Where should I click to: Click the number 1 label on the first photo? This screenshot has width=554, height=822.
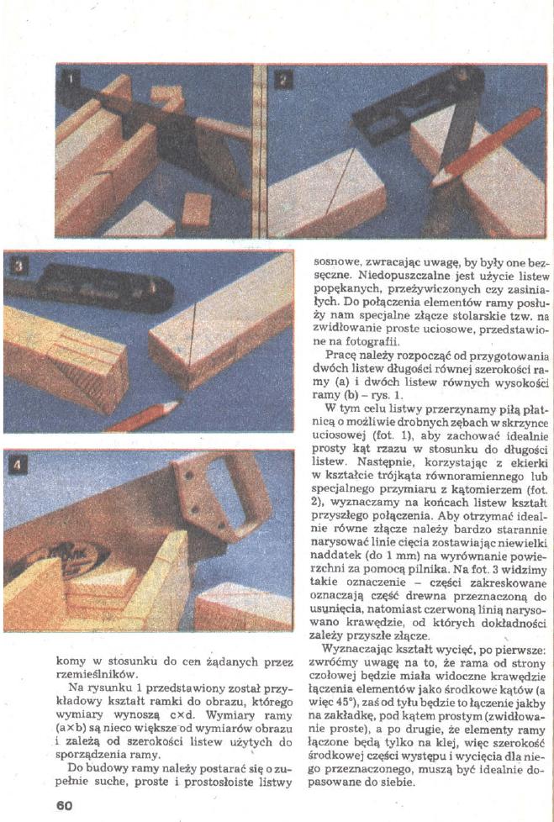coord(73,80)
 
